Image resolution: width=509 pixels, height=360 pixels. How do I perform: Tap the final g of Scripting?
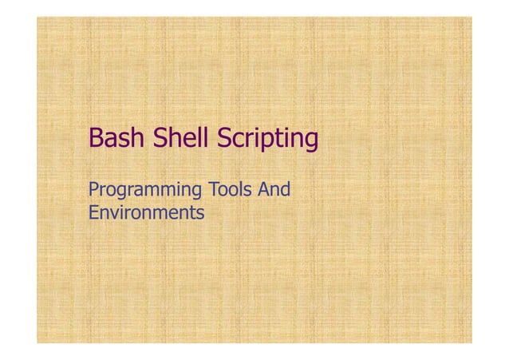[x=310, y=142]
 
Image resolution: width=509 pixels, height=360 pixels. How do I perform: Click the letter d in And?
[x=285, y=191]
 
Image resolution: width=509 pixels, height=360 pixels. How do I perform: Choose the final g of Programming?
[x=197, y=194]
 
